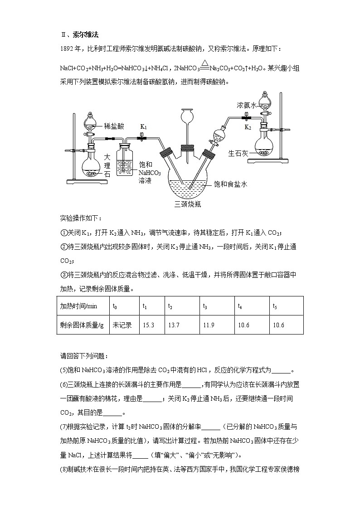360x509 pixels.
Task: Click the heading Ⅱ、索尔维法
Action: click(79, 34)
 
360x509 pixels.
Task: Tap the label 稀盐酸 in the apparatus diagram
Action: click(114, 126)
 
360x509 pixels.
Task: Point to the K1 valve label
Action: click(143, 127)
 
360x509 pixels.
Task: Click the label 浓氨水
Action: click(247, 105)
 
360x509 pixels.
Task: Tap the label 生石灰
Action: click(238, 154)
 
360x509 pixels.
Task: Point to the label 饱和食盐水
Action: click(232, 184)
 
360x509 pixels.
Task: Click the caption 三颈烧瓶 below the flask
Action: click(188, 204)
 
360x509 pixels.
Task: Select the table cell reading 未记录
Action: click(122, 325)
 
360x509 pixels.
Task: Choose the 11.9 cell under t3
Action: click(209, 325)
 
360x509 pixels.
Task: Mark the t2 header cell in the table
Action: click(170, 306)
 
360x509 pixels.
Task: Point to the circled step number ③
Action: click(63, 275)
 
